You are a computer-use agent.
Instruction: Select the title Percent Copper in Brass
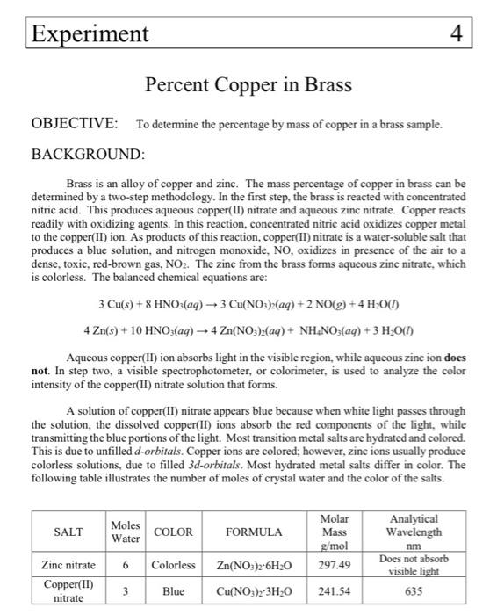click(x=248, y=85)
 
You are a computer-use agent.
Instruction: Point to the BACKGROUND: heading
click(x=87, y=154)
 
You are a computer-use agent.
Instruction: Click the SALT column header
click(x=68, y=532)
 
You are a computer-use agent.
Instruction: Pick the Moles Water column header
click(x=126, y=532)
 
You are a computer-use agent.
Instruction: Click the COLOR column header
click(x=173, y=532)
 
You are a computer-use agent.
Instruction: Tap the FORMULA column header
click(x=254, y=532)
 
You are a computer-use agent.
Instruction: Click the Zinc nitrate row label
click(x=68, y=564)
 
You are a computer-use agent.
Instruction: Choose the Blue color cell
click(x=173, y=591)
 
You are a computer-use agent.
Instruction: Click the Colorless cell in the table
click(x=173, y=564)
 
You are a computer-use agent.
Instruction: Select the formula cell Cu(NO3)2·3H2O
click(x=254, y=591)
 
